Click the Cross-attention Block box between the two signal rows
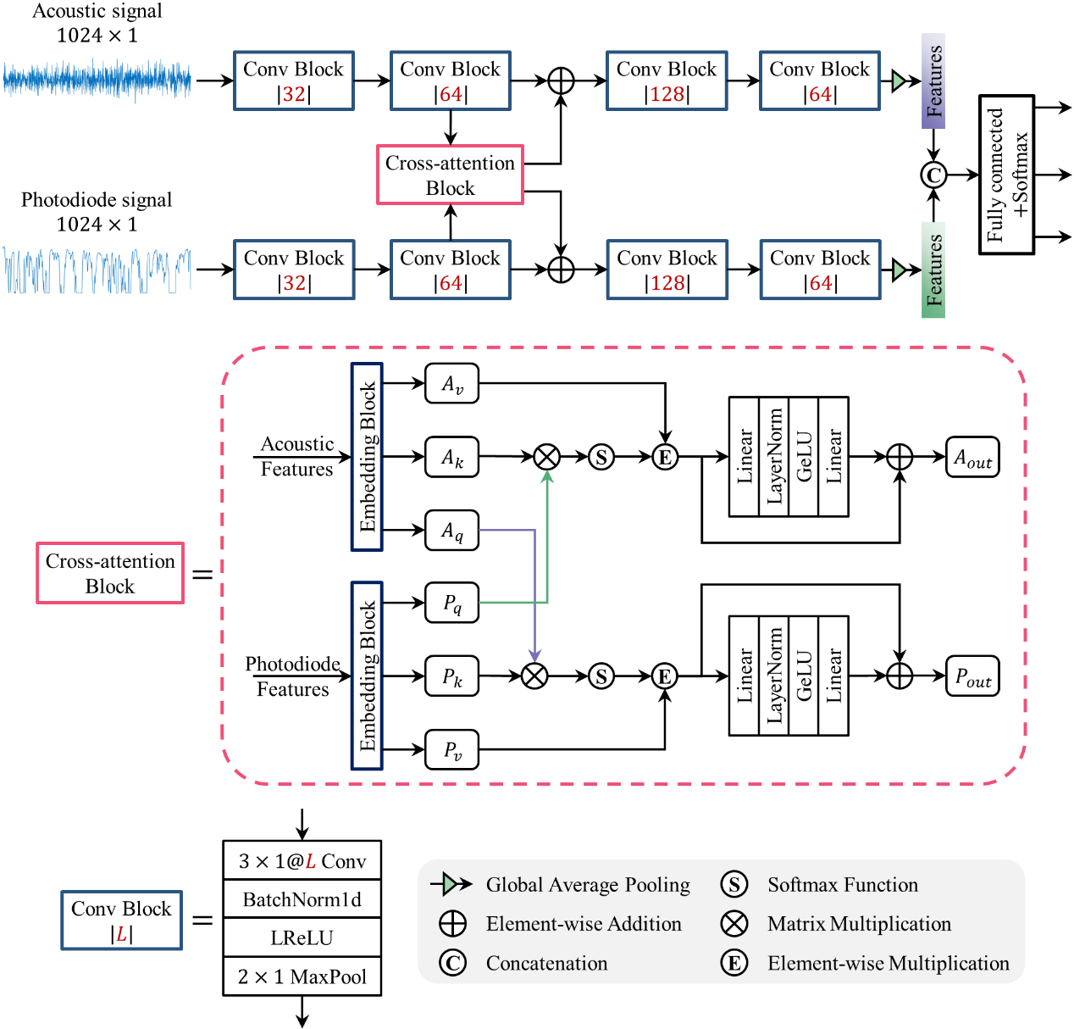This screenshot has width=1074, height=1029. pyautogui.click(x=450, y=175)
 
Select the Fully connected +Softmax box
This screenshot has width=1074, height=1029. pyautogui.click(x=1006, y=175)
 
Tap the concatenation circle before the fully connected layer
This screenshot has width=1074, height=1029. pyautogui.click(x=933, y=175)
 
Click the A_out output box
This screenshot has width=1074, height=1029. pyautogui.click(x=972, y=458)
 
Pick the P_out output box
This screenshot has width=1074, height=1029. pyautogui.click(x=972, y=676)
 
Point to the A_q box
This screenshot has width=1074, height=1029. pyautogui.click(x=451, y=531)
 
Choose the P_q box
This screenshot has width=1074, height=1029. pyautogui.click(x=451, y=603)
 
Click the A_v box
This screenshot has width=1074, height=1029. pyautogui.click(x=451, y=384)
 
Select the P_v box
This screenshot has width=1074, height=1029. pyautogui.click(x=451, y=749)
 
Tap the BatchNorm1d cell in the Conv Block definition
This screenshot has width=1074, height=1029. pyautogui.click(x=302, y=899)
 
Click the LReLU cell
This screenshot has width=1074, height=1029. pyautogui.click(x=302, y=938)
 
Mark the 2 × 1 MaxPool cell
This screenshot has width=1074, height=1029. pyautogui.click(x=302, y=976)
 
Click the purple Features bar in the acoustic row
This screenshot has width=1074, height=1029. pyautogui.click(x=933, y=81)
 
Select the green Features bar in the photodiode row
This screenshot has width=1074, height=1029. pyautogui.click(x=933, y=270)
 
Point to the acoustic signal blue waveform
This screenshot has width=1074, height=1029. pyautogui.click(x=97, y=81)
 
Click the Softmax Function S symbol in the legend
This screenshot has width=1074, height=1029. pyautogui.click(x=734, y=885)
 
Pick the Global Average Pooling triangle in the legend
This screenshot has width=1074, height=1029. pyautogui.click(x=455, y=885)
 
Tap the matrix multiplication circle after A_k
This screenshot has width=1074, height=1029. pyautogui.click(x=547, y=458)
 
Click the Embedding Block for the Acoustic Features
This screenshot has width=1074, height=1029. pyautogui.click(x=367, y=458)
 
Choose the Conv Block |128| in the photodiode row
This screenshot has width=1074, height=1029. pyautogui.click(x=667, y=270)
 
